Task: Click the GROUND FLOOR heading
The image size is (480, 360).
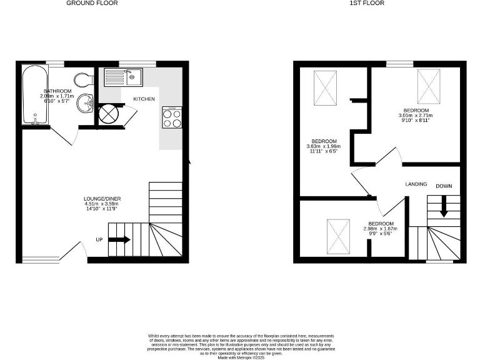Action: click(92, 3)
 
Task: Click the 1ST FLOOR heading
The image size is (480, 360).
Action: click(367, 3)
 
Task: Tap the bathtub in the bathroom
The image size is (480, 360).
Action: click(31, 95)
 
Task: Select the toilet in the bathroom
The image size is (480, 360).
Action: click(82, 79)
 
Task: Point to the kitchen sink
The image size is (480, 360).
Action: click(124, 77)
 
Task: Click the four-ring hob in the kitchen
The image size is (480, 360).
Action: click(172, 118)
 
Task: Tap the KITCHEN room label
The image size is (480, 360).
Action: click(144, 100)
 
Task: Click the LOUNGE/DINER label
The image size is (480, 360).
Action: click(101, 199)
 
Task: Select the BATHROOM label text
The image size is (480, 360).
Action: click(58, 92)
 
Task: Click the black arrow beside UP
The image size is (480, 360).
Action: click(120, 239)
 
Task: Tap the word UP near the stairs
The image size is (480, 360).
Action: click(99, 239)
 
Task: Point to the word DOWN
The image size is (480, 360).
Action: click(444, 186)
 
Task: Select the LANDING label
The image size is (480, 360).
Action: click(416, 184)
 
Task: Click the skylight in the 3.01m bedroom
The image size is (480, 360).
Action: click(429, 85)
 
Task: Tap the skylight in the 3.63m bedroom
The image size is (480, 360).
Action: click(325, 88)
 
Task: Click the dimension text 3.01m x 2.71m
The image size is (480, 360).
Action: click(416, 116)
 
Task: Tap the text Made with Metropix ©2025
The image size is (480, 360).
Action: click(240, 357)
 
